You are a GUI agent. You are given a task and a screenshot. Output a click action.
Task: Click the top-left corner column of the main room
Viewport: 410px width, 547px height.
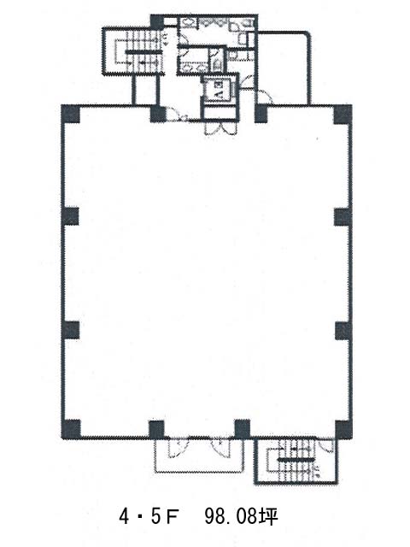coord(71,114)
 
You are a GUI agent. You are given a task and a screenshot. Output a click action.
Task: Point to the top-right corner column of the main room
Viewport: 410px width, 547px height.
coord(343,114)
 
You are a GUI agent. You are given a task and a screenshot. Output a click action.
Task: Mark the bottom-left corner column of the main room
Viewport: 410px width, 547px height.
coord(71,429)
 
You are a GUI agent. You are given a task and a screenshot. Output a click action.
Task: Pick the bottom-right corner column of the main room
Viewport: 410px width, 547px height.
coord(343,429)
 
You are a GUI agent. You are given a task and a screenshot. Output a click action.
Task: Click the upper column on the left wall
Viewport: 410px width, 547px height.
coord(70,216)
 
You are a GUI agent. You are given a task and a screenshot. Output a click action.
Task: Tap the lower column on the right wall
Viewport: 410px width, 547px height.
coord(343,331)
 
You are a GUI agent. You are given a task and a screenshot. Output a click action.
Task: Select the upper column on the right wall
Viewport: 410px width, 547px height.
coord(343,216)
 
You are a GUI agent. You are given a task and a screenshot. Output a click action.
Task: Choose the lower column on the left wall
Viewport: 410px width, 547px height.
coord(71,330)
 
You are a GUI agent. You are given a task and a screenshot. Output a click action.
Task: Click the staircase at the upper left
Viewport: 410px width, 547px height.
coord(133,51)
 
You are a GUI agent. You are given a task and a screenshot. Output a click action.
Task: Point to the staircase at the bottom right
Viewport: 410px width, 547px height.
coord(296,461)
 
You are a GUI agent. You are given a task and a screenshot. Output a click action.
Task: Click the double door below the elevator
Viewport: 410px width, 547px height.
coord(220,128)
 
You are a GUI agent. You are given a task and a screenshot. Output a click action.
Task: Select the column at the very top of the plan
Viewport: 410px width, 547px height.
coord(157,22)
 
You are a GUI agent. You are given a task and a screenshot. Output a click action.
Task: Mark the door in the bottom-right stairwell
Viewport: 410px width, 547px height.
coord(326,447)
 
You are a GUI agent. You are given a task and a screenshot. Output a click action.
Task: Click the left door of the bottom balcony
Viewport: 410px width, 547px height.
coord(179,448)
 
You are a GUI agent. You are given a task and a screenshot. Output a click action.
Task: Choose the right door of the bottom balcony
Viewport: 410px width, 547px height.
coord(220,447)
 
